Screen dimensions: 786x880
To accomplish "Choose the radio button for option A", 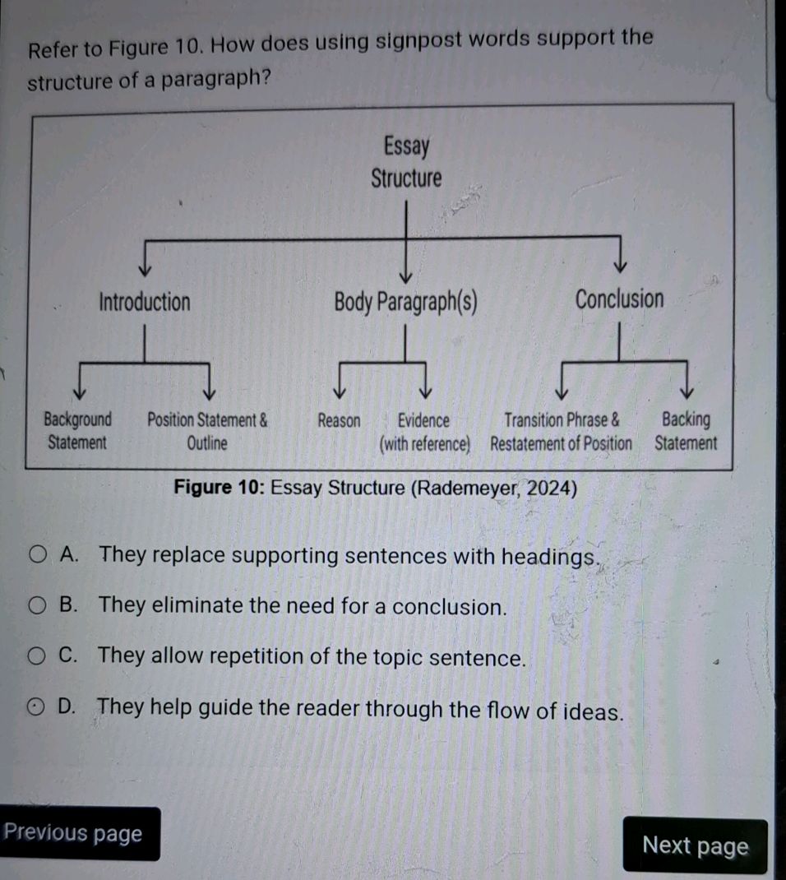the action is click(x=38, y=555).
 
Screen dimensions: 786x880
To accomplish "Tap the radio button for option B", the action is click(x=37, y=605).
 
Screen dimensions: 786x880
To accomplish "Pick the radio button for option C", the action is click(x=36, y=655).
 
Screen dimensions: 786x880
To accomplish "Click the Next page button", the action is click(x=695, y=845).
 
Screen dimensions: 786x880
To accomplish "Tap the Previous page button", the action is click(x=76, y=833).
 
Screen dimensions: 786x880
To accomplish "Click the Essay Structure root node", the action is click(x=406, y=162).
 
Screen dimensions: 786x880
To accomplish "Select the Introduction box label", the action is click(x=145, y=302).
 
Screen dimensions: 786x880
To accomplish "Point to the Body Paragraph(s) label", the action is click(x=405, y=303).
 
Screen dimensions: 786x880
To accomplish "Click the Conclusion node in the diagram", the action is click(x=619, y=299).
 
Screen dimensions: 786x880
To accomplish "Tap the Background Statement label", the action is click(x=77, y=431).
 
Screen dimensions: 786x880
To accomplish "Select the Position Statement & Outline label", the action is click(x=207, y=432).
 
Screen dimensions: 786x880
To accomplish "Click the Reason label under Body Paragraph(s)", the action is click(x=339, y=421).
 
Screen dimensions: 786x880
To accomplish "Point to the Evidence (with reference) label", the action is click(x=425, y=432).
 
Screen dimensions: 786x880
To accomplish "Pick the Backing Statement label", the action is click(x=686, y=431).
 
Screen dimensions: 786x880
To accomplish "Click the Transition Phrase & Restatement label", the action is click(x=561, y=432).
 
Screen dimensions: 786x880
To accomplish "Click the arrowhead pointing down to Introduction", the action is click(x=145, y=270).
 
